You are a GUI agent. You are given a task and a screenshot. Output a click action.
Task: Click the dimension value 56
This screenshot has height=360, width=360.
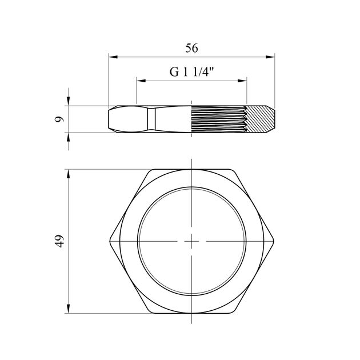[x=191, y=48]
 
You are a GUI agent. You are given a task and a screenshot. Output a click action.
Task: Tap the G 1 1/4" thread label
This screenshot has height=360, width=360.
[x=191, y=72]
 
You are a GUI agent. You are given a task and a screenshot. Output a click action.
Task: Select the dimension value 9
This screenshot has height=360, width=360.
[x=59, y=119]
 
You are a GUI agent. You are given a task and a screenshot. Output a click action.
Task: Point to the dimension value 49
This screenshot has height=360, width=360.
[x=59, y=241]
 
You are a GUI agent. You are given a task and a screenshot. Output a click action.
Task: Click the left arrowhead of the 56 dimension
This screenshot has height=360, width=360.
[x=113, y=57]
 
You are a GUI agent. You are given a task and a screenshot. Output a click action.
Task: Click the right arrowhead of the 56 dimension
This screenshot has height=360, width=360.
[x=270, y=57]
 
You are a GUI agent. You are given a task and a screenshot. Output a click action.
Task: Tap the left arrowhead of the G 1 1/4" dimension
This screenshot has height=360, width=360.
[x=141, y=81]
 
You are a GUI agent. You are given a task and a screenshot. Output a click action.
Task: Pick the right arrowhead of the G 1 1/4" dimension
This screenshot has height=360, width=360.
[x=242, y=81]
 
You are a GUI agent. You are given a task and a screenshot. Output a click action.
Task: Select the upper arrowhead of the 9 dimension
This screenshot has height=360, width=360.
[x=68, y=101]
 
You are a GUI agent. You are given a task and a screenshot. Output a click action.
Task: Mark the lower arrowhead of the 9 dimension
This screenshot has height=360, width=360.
[x=68, y=137]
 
